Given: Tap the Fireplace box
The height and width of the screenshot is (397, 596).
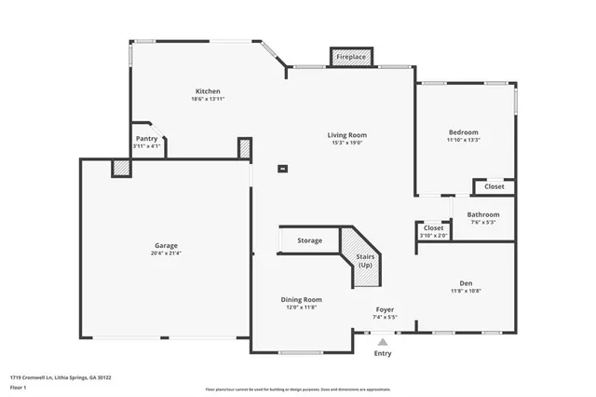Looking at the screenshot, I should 351,58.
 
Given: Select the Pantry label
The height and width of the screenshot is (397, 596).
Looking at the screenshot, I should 146,138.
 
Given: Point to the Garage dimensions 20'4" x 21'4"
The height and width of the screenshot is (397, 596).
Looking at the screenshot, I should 166,253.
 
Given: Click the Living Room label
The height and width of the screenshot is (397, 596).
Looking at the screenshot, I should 346,135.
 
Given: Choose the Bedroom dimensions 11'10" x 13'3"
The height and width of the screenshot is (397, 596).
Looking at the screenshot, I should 463,140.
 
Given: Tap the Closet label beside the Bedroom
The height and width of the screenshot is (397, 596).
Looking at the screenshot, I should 494,186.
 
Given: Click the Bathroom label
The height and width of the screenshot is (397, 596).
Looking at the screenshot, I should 482,214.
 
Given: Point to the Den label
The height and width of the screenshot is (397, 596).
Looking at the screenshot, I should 466,283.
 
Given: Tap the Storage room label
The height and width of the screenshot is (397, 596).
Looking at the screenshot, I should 310,240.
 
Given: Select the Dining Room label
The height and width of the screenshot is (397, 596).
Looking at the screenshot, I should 301,299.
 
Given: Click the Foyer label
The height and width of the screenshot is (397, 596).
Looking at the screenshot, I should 385,309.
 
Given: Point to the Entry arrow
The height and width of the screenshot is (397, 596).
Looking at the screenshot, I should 383,342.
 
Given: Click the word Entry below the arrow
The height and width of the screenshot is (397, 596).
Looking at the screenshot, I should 383,353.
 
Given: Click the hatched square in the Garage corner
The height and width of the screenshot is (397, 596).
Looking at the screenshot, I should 121,168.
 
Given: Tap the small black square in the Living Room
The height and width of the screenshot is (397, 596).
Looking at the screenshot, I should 283,169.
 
